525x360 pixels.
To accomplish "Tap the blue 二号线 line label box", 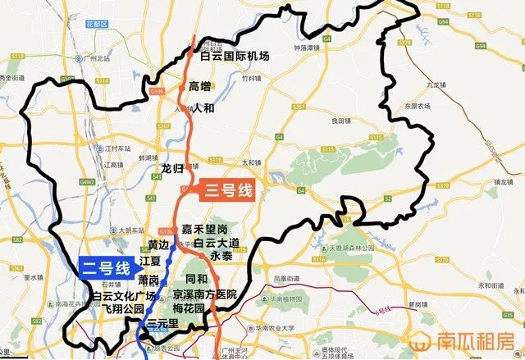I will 105,267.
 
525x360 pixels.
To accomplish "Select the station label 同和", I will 198,280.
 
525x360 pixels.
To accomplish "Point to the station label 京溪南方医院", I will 204,294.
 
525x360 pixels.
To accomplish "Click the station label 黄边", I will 158,245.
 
